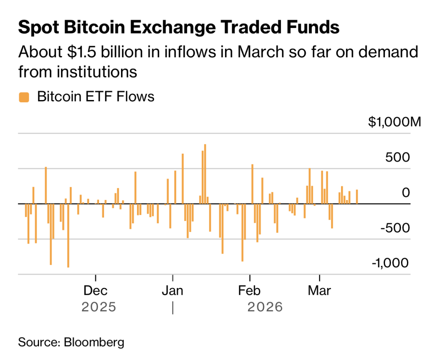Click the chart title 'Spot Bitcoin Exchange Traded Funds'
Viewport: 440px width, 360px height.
(179, 27)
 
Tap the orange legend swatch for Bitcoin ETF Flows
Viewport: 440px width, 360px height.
(24, 97)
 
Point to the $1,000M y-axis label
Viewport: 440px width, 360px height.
(395, 122)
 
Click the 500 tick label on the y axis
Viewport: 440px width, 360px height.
(397, 157)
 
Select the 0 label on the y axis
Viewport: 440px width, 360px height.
(406, 193)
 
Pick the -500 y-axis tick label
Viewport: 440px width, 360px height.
(395, 228)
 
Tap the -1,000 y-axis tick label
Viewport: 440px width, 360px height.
(390, 263)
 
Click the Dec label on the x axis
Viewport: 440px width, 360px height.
(95, 291)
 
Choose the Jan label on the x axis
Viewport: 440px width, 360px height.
(173, 291)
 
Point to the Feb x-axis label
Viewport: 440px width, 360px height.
(249, 291)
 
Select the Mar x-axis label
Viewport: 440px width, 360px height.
(319, 291)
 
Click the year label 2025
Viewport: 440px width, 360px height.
(99, 307)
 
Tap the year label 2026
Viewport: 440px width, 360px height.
(265, 307)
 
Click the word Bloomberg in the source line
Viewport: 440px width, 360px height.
(94, 343)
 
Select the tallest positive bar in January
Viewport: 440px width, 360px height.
(205, 174)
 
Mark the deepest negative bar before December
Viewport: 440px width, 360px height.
(68, 236)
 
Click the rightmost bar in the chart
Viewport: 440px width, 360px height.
(357, 197)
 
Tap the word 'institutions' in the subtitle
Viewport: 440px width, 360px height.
(97, 72)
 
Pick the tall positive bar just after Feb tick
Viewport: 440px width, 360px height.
(252, 184)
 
